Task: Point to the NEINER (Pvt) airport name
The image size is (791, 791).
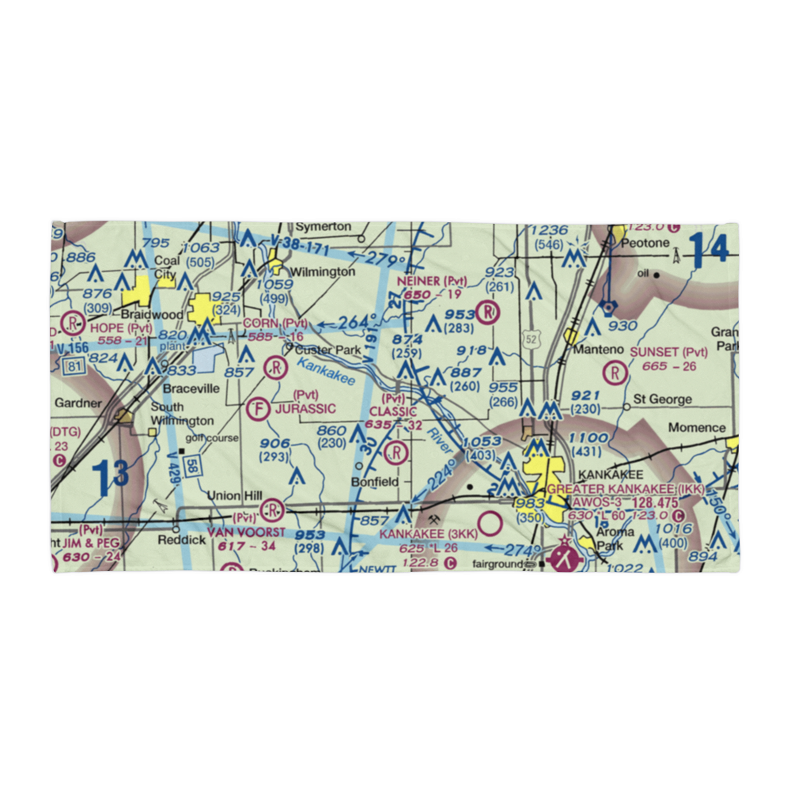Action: pos(432,281)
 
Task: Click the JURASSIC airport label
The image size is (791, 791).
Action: pos(305,409)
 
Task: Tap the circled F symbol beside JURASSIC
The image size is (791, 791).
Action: pos(256,409)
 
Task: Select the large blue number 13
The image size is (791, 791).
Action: pos(110,477)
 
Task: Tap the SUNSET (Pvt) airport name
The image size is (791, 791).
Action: pos(668,352)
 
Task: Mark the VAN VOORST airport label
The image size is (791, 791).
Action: pos(245,532)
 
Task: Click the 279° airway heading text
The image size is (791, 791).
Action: pos(387,260)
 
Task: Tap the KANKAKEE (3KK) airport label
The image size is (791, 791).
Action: pos(427,535)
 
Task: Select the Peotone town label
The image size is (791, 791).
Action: pos(645,243)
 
